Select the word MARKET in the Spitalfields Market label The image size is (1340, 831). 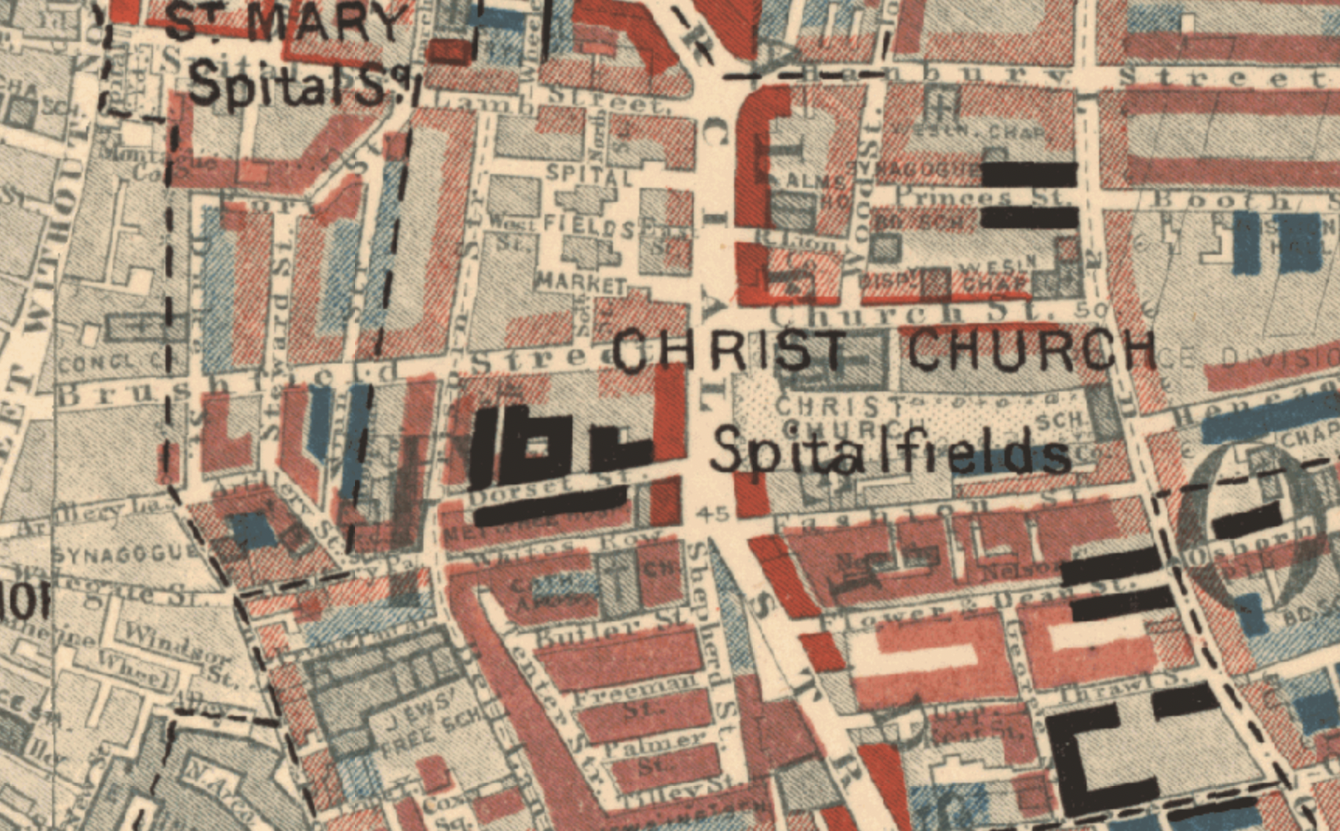click(x=581, y=283)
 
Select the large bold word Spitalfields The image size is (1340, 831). click(x=889, y=451)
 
